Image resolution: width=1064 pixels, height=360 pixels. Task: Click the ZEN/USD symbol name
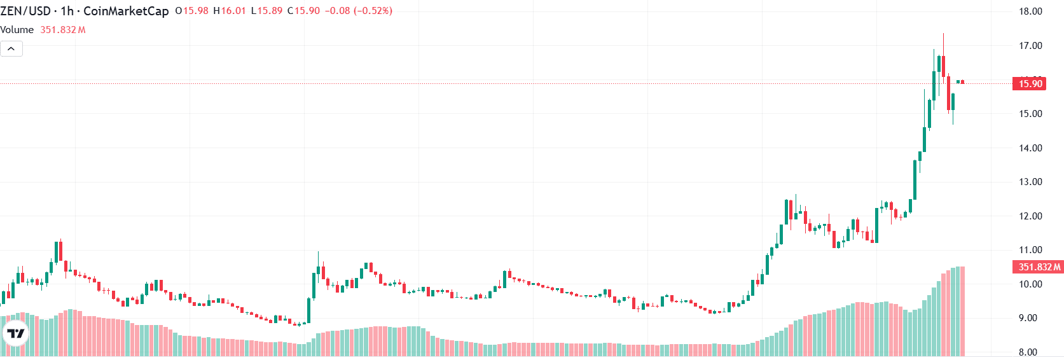coord(25,11)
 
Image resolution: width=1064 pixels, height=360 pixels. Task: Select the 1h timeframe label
coord(67,11)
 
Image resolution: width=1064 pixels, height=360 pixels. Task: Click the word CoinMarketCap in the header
coord(126,11)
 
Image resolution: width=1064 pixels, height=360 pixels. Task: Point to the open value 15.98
coord(195,11)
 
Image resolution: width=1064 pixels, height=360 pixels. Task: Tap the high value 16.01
coord(233,11)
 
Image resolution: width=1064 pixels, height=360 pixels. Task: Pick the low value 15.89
coord(270,11)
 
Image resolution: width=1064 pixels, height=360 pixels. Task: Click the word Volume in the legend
coord(17,30)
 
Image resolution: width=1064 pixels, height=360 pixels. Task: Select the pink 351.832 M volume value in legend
coord(63,30)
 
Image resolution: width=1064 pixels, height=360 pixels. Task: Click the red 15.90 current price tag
coord(1030,83)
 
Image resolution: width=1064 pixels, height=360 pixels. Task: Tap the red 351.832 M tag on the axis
coord(1038,267)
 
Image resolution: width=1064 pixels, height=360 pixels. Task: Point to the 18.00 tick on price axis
coord(1030,11)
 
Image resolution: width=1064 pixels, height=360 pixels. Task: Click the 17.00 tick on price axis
coord(1030,46)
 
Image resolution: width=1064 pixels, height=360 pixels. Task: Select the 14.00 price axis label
coord(1030,148)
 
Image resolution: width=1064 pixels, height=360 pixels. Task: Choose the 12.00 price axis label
coord(1030,216)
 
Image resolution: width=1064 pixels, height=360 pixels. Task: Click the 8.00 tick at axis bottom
coord(1028,352)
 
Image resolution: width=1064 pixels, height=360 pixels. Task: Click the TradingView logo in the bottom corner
coord(16,333)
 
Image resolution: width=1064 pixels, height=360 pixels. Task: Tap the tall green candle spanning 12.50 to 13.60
coord(915,180)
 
